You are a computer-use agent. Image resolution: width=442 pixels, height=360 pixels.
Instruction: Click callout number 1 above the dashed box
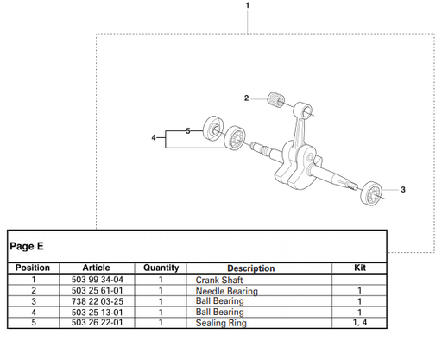click(248, 6)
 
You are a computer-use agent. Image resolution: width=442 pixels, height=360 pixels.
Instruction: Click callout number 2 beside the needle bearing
click(248, 98)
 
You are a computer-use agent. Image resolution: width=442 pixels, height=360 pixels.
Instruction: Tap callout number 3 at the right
click(403, 189)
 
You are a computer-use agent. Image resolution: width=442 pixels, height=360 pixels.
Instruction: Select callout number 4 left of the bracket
click(154, 137)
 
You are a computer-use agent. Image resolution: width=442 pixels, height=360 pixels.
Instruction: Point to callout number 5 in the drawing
click(189, 130)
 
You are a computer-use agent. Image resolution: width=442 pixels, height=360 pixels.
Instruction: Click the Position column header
click(33, 268)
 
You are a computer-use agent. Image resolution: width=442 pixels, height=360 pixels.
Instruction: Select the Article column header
click(96, 268)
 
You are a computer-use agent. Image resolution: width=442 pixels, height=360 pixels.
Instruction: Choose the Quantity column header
click(161, 268)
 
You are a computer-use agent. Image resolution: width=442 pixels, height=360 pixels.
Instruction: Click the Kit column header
click(360, 268)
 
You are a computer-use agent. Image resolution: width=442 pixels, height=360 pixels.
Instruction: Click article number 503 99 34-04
click(96, 280)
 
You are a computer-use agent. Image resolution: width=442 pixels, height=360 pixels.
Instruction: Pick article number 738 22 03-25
click(96, 301)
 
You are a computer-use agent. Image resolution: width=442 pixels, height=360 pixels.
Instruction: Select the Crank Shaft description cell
click(220, 280)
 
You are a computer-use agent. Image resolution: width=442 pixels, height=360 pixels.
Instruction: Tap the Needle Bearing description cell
click(226, 291)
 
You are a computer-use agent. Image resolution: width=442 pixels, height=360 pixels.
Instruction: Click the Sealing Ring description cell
click(221, 323)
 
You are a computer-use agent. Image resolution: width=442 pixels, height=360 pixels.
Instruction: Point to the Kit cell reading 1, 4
click(360, 322)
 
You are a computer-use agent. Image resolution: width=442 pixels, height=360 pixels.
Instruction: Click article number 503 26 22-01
click(96, 322)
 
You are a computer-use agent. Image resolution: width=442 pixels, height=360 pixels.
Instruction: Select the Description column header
click(250, 268)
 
